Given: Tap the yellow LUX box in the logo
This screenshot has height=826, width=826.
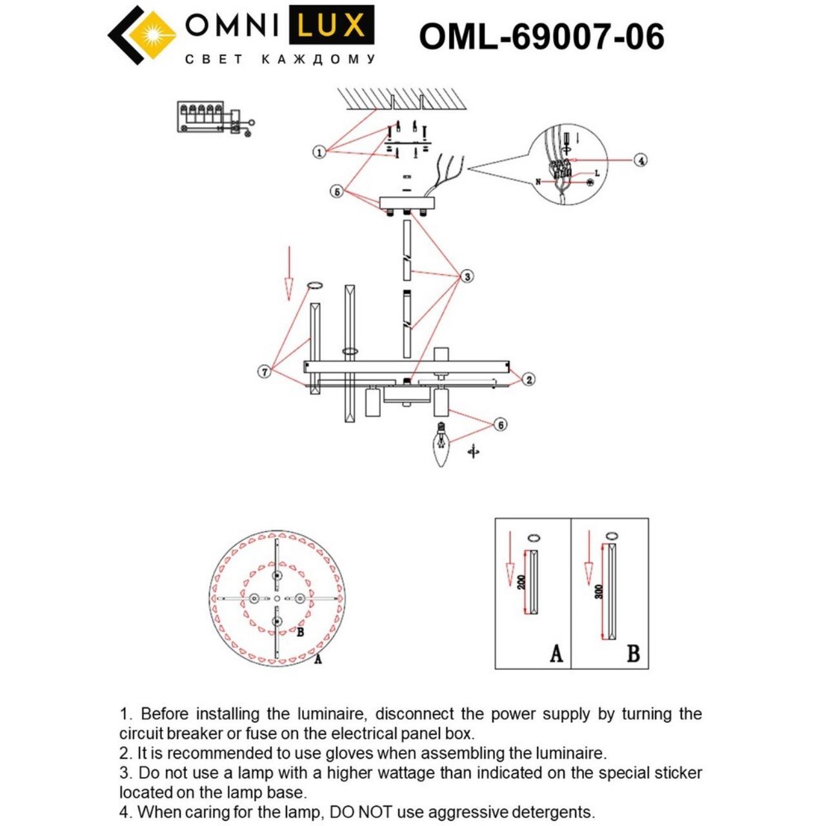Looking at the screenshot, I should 330,26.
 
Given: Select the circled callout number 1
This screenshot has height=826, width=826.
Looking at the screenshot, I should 319,152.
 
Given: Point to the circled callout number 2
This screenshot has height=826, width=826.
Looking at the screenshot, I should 529,379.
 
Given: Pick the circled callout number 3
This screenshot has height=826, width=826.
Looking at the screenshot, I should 467,276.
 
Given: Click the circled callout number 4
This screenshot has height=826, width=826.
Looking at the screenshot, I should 640,160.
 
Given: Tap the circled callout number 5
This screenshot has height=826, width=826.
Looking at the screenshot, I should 336,192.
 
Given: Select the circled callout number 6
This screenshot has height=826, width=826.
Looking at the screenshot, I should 500,425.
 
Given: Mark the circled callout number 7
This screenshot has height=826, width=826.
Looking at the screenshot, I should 264,372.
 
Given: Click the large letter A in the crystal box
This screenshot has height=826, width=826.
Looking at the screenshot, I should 556,653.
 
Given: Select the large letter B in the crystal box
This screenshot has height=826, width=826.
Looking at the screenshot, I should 633,653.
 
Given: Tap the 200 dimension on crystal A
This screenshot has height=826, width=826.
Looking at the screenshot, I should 521,582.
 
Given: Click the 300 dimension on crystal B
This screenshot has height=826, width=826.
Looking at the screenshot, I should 599,592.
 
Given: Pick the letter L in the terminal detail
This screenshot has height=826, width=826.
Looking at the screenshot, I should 597,173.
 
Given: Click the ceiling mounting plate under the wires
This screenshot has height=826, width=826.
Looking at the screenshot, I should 407,203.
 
